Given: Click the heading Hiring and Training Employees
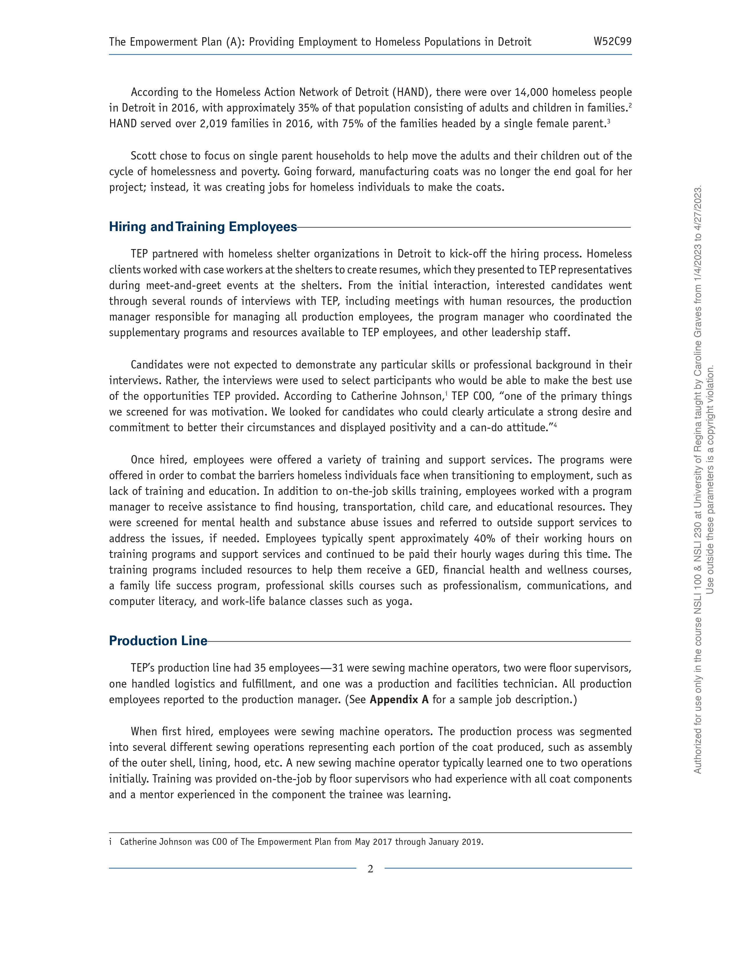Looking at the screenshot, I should point(203,227).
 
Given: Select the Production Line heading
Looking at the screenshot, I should point(158,641).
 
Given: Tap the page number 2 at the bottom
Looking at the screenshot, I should point(370,869).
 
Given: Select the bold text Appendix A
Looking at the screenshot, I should point(399,699).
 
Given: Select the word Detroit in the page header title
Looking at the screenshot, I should point(514,42).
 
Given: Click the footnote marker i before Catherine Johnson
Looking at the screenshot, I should point(111,842).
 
